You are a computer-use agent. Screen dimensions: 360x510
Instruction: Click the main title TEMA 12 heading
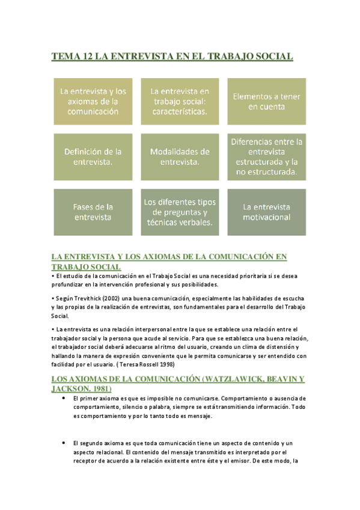tap(172, 57)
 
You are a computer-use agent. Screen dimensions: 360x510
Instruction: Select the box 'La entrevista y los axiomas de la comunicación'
tap(93, 101)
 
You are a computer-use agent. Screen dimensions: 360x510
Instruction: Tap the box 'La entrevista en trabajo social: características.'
tap(179, 101)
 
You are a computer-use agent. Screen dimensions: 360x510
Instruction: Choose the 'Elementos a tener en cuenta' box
tap(266, 101)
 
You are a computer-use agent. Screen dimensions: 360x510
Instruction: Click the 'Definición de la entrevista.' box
tap(93, 157)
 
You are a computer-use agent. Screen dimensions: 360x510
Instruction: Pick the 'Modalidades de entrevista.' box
tap(179, 157)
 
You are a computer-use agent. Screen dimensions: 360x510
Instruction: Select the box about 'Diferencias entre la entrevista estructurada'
tap(266, 157)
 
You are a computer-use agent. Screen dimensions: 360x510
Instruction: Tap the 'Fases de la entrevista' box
tap(93, 212)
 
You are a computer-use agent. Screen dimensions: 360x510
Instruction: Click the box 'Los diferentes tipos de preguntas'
tap(179, 212)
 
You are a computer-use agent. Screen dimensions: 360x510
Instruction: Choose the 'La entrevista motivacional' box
tap(266, 212)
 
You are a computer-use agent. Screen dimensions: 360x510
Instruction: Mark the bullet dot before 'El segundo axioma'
tap(63, 443)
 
